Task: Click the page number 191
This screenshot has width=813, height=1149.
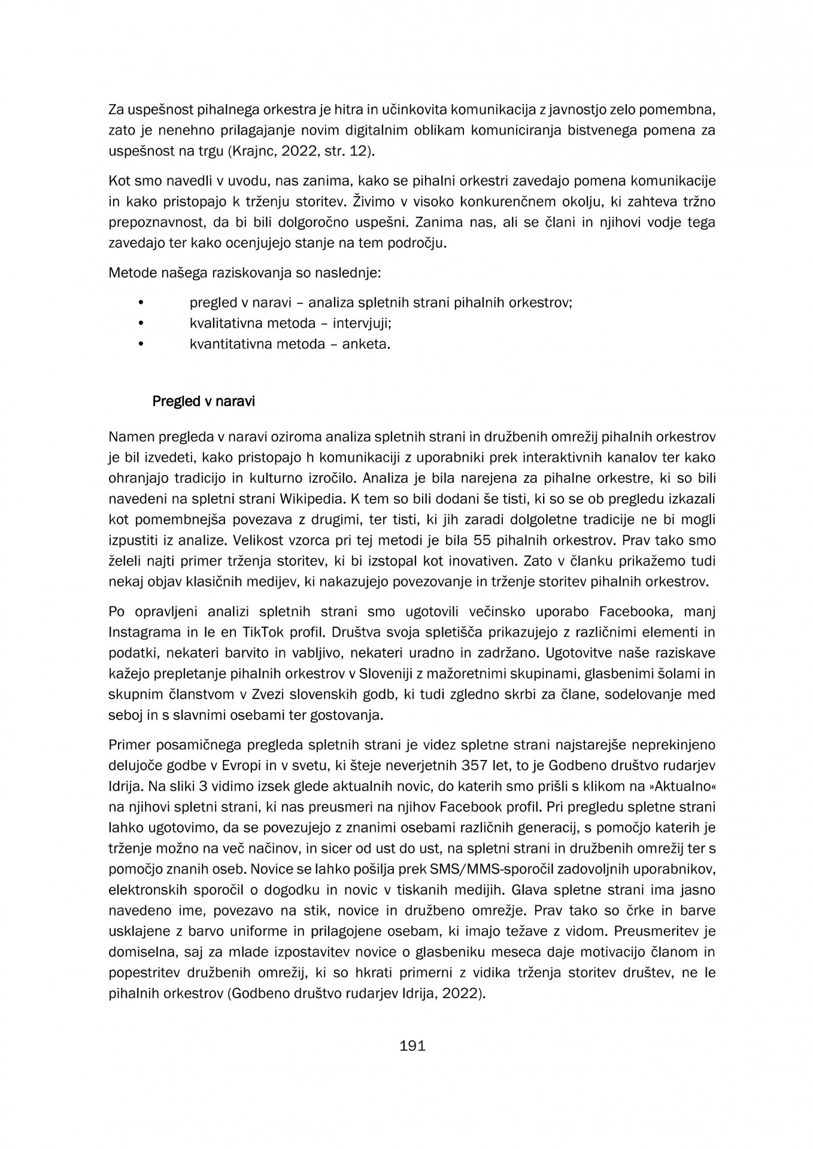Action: tap(412, 1046)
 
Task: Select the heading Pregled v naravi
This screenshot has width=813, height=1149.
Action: tap(204, 401)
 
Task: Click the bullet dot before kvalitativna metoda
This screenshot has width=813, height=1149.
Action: tap(141, 324)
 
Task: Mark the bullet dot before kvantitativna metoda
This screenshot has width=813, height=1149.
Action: tap(141, 344)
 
